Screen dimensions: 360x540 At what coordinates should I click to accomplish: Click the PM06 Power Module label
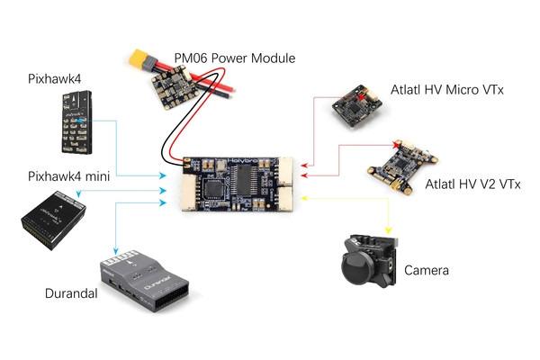[234, 58]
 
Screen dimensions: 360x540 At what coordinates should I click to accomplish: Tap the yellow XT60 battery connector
[141, 64]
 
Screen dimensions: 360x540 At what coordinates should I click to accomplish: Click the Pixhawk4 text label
[54, 80]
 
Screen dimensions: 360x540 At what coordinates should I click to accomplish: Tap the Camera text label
[426, 270]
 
